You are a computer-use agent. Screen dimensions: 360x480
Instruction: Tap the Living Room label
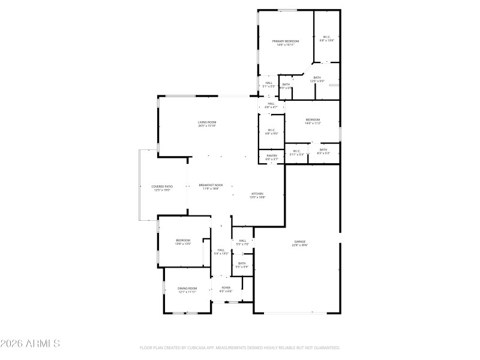click(206, 122)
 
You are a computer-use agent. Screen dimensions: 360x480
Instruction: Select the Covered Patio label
click(163, 186)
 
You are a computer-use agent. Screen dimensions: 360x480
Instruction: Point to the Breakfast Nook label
click(211, 185)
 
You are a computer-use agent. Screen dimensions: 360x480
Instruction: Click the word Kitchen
click(257, 194)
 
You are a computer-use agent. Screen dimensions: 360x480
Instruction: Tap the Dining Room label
click(187, 289)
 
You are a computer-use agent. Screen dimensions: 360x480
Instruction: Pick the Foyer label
click(226, 287)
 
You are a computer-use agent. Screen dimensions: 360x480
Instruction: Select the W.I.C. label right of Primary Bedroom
click(327, 37)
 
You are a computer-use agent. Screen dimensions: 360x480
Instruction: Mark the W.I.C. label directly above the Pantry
click(271, 130)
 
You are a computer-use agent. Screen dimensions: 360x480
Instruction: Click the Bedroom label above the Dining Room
click(183, 240)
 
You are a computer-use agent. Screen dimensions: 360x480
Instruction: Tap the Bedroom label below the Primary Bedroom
click(313, 119)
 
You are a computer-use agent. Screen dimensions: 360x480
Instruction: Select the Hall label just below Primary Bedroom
click(269, 83)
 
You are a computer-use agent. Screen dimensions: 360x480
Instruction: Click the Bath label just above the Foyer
click(242, 263)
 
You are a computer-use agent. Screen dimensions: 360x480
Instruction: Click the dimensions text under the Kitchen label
click(257, 197)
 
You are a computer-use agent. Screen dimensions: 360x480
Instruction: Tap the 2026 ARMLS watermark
click(30, 344)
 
